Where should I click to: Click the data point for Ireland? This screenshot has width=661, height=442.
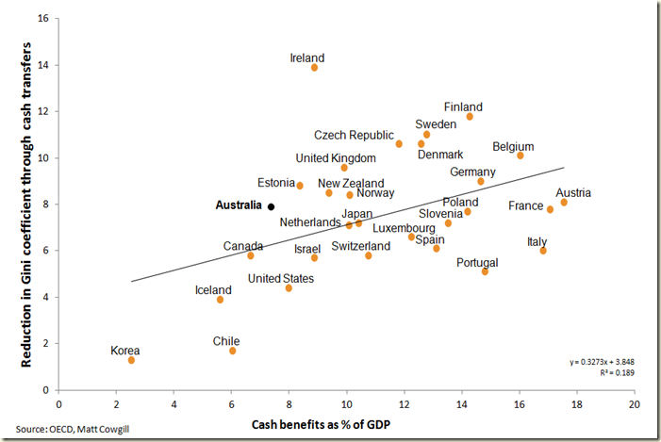pos(314,68)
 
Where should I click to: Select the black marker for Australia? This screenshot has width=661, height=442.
pos(271,206)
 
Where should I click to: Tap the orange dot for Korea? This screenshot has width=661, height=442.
pos(132,360)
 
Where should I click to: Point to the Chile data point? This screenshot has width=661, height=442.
pos(232,351)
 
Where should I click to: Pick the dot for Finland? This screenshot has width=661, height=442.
pos(470,116)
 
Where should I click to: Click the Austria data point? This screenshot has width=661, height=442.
pos(564,203)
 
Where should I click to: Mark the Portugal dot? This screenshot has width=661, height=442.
pos(485,271)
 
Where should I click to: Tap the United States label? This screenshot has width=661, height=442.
pos(278,279)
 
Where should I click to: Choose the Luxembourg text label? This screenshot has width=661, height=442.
pos(404,228)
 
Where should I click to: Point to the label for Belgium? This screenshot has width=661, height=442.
pos(513,147)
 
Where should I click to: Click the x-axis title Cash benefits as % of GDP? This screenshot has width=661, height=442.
pos(322,425)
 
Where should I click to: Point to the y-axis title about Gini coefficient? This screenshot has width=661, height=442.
pos(17,203)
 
